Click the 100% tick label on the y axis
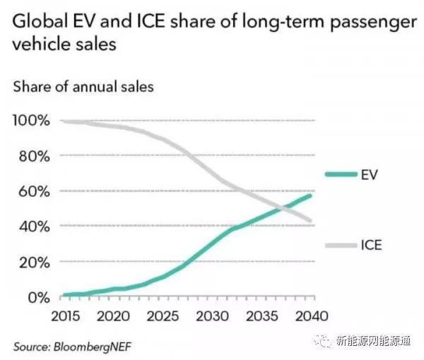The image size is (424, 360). [x=31, y=121]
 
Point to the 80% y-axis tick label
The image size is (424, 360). [x=34, y=156]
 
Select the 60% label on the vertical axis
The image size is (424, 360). [x=34, y=191]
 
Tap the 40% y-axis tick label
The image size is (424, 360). [x=34, y=227]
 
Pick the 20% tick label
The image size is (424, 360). [x=34, y=262]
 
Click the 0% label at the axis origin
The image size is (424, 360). [x=37, y=297]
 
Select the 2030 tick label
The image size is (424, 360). [x=211, y=315]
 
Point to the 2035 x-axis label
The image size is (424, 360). [x=261, y=315]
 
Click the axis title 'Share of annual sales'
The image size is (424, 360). [x=83, y=89]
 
